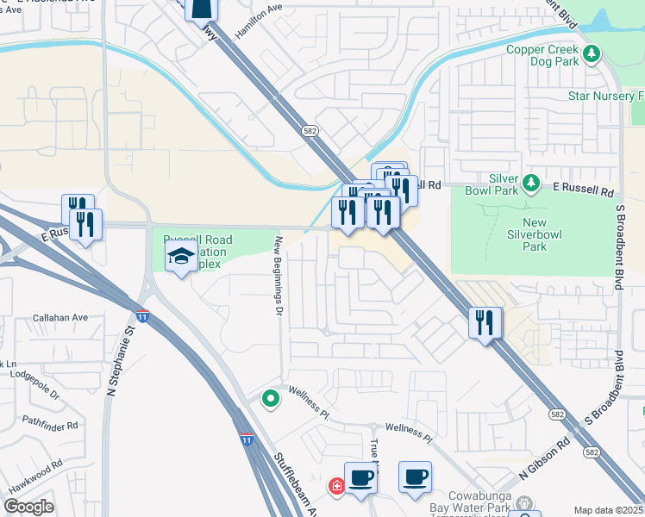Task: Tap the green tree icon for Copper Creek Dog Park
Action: [x=592, y=55]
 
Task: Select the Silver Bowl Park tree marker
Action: [x=531, y=183]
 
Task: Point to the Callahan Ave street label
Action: [x=61, y=317]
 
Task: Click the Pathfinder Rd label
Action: [x=50, y=425]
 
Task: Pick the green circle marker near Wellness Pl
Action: [x=271, y=398]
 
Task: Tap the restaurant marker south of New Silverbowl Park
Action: [x=485, y=324]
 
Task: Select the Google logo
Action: [x=28, y=507]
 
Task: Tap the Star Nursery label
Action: [x=604, y=96]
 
